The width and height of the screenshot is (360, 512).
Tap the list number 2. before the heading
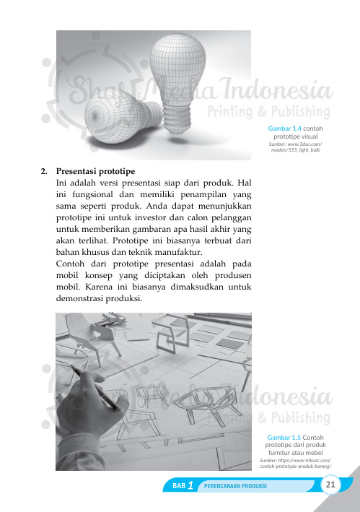tap(44, 173)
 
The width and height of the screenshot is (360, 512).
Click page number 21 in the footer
tap(330, 484)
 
